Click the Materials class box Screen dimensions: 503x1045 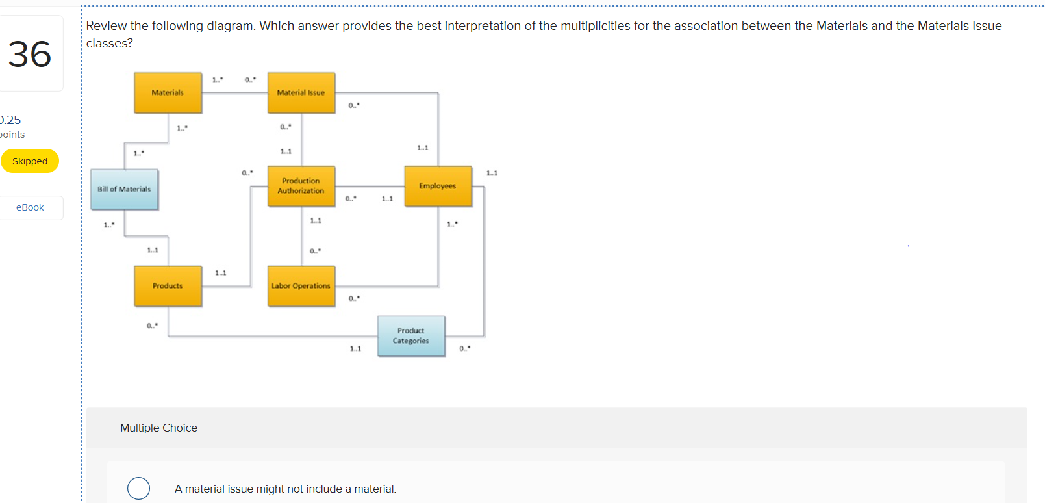(x=168, y=93)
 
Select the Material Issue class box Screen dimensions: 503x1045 (x=301, y=93)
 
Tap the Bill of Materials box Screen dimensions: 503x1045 (x=124, y=189)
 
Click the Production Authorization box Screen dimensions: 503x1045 (x=301, y=186)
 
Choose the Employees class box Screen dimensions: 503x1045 (x=438, y=186)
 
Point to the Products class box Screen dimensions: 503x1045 (x=168, y=286)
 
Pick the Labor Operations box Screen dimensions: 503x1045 (x=301, y=286)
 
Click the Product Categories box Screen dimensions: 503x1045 (x=411, y=336)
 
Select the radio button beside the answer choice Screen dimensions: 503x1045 (x=138, y=488)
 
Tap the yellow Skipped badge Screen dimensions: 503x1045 (x=30, y=161)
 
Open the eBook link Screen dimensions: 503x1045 (x=30, y=207)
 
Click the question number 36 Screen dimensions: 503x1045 (x=30, y=54)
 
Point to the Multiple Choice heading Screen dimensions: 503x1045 (x=158, y=428)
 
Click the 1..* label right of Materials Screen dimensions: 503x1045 (x=218, y=80)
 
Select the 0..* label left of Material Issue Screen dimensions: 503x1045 (x=250, y=80)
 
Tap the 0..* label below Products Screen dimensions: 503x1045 (x=152, y=326)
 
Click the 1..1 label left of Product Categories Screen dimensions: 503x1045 (x=355, y=349)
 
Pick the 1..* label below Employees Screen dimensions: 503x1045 (x=452, y=224)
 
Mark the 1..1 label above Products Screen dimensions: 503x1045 (x=153, y=250)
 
